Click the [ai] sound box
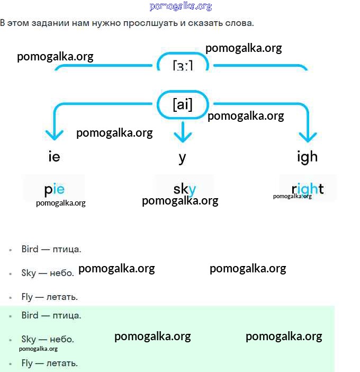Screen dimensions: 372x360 [183, 104]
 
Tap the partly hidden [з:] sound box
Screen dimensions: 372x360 [183, 64]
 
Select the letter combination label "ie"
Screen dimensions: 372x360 [54, 157]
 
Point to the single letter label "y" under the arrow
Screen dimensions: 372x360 [183, 157]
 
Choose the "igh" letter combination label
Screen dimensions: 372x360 [307, 156]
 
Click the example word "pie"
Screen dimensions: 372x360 [55, 189]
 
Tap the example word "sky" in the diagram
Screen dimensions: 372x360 [184, 189]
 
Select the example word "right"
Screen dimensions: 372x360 [308, 189]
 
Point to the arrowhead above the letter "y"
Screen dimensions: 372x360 [183, 136]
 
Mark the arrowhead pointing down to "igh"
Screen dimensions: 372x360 [308, 136]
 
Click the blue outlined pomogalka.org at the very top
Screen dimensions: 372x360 [181, 6]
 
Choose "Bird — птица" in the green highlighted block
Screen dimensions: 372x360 [51, 315]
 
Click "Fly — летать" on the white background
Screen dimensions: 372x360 [50, 297]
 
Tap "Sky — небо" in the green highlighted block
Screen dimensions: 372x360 [48, 339]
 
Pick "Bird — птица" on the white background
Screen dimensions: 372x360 [51, 249]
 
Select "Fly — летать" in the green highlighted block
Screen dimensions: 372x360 [50, 363]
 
